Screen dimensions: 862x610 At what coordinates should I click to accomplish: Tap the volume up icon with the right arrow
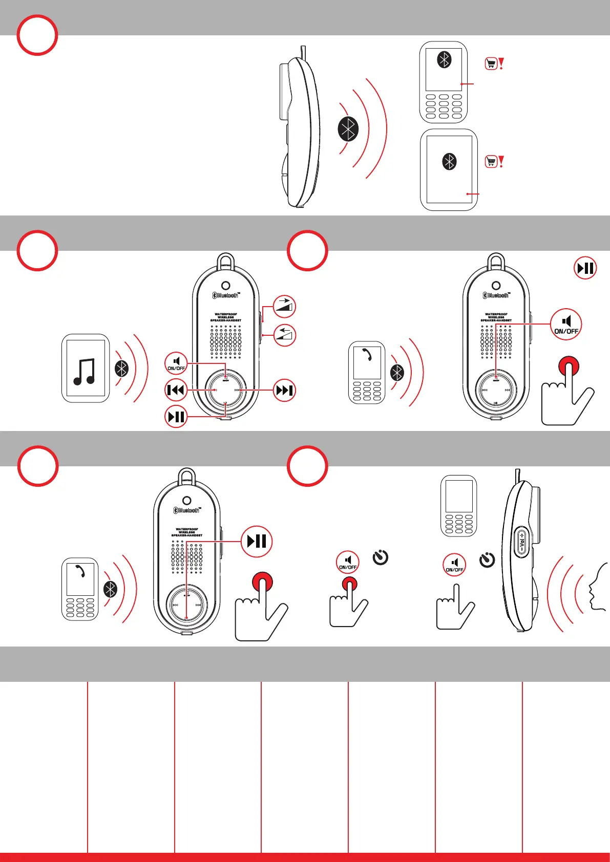tap(284, 307)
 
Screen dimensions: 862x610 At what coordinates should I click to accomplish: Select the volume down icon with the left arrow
tap(284, 335)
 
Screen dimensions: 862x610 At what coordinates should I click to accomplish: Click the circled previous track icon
tap(176, 391)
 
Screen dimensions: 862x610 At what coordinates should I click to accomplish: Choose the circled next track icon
tap(284, 391)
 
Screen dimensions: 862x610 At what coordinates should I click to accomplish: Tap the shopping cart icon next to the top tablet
tap(491, 162)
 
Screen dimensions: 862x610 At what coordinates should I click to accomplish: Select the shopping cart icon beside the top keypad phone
tap(491, 63)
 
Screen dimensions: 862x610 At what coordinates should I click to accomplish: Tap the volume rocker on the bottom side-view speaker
tap(521, 542)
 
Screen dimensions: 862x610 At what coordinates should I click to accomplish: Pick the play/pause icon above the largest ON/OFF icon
tap(585, 268)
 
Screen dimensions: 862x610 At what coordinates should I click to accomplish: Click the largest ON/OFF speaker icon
tap(566, 324)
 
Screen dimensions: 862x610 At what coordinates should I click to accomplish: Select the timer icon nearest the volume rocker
tap(487, 559)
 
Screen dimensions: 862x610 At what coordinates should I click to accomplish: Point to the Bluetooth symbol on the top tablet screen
tap(449, 162)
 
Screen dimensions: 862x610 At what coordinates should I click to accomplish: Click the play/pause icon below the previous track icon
tap(176, 416)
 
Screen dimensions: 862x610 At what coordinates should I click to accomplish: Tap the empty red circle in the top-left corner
tap(37, 35)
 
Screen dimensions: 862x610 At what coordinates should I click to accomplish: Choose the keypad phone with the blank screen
tap(459, 506)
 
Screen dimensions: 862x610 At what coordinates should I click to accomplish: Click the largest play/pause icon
tap(257, 541)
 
